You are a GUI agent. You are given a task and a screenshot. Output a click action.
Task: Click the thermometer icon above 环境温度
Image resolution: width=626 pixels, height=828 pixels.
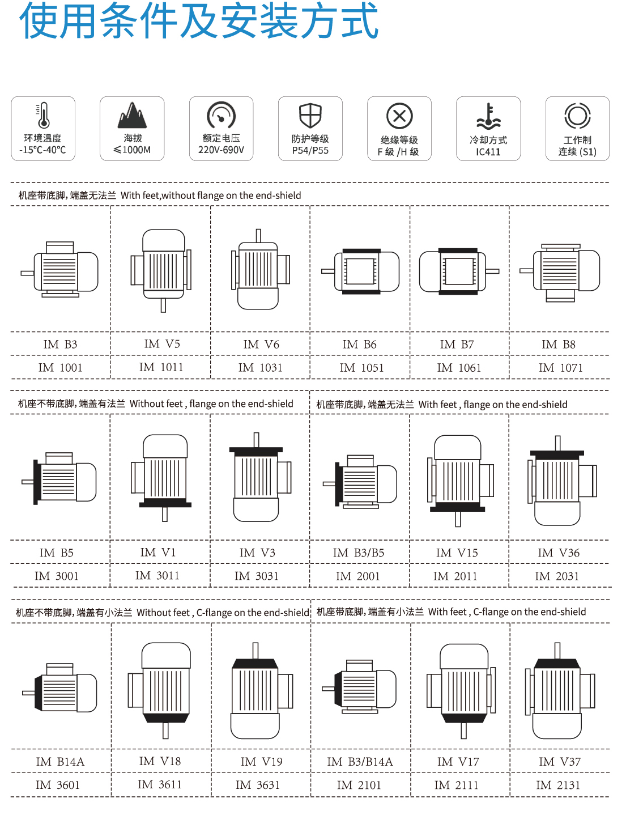[x=43, y=115]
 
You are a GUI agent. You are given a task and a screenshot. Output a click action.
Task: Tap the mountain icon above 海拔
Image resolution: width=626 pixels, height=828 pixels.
[x=132, y=115]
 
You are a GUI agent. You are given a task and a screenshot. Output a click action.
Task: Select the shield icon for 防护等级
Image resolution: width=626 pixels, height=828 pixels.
[x=310, y=116]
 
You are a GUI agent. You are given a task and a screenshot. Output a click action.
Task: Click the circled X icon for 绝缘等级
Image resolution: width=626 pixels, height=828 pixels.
[x=399, y=116]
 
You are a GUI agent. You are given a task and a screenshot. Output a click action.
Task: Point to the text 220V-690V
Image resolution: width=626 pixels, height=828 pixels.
[x=221, y=150]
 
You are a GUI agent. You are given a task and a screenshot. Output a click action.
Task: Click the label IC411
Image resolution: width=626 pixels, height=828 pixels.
[x=488, y=152]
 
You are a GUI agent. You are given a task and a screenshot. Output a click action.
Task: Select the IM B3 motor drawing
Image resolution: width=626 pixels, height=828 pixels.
[x=59, y=269]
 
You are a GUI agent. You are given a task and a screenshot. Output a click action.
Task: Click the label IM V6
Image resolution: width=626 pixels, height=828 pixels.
[x=261, y=344]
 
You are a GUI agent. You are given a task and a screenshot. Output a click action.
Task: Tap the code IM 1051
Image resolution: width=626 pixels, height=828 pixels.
[x=361, y=367]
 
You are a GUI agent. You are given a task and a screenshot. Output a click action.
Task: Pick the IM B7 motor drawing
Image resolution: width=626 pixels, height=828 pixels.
[x=459, y=271]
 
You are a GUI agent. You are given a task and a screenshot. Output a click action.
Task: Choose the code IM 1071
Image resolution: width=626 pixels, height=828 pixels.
[x=560, y=367]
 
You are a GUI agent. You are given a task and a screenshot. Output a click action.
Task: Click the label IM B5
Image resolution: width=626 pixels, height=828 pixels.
[x=57, y=553]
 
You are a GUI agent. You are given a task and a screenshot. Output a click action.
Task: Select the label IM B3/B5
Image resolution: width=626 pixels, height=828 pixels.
[x=358, y=553]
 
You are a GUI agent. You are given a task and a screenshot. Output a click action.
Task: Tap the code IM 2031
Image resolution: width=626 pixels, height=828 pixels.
[x=557, y=576]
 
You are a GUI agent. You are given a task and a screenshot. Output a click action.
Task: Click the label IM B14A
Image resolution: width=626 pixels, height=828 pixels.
[x=60, y=762]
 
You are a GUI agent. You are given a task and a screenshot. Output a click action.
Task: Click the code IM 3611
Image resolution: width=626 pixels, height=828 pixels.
[x=160, y=784]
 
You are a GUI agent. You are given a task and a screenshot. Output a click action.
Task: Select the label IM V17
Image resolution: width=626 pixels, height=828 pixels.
[x=458, y=762]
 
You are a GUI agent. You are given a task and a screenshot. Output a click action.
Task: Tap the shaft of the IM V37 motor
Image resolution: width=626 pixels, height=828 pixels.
[x=557, y=651]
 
